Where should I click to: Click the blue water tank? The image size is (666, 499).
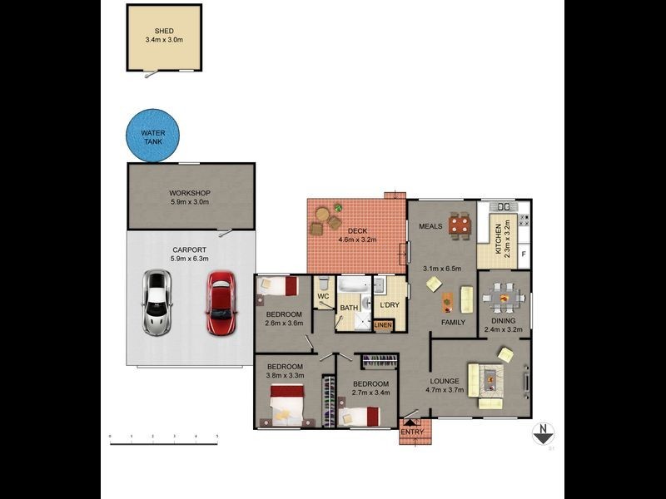[x=153, y=136]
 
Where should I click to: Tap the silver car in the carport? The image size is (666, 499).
[x=157, y=302]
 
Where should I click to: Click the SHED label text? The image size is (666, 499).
[x=164, y=31]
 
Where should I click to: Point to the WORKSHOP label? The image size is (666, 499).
[x=189, y=193]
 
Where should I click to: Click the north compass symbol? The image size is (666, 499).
[x=543, y=432]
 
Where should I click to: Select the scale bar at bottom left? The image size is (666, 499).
[x=164, y=441]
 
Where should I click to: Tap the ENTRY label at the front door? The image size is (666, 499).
[x=412, y=432]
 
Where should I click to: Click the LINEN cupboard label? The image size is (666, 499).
[x=383, y=324]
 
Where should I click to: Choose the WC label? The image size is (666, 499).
[x=324, y=294]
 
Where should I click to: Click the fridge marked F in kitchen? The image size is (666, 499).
[x=523, y=254]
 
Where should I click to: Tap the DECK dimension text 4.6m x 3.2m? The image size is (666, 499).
[x=358, y=240]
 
